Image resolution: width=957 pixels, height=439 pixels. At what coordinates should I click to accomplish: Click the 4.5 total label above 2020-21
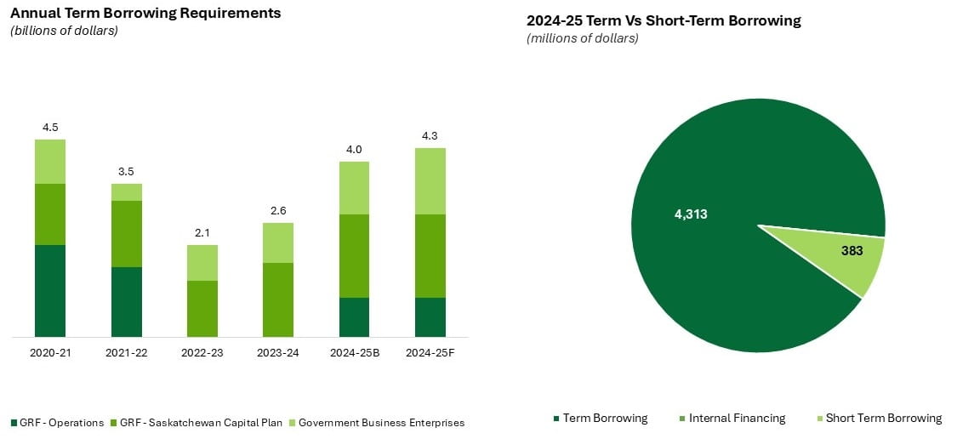click(x=50, y=128)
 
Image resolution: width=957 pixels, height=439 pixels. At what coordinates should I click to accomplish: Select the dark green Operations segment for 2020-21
click(x=50, y=290)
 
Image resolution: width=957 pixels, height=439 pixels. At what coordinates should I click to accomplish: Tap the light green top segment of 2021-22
click(x=127, y=192)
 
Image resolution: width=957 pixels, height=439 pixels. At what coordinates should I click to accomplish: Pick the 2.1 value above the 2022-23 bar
click(x=202, y=233)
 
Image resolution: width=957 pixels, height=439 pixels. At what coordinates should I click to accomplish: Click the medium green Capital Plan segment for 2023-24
click(x=278, y=299)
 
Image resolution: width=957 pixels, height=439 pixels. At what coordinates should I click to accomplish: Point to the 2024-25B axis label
click(x=354, y=352)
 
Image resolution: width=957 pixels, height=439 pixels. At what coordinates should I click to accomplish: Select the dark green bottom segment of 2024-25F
click(x=430, y=316)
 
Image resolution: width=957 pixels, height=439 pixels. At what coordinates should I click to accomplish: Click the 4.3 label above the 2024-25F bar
click(x=430, y=136)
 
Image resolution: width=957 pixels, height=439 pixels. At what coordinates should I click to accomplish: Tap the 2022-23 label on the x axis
click(x=202, y=352)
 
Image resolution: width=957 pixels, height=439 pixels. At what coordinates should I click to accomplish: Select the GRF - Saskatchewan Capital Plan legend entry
click(x=200, y=423)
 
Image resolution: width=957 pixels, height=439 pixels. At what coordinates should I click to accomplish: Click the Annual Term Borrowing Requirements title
click(x=145, y=14)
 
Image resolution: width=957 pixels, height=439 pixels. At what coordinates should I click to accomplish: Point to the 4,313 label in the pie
click(x=691, y=214)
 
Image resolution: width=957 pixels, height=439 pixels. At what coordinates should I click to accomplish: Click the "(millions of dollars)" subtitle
click(x=583, y=38)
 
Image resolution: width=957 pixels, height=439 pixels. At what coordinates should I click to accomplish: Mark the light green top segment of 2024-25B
click(x=354, y=188)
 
